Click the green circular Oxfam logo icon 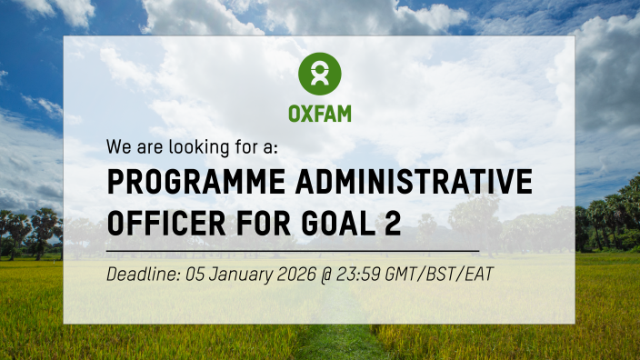pyautogui.click(x=319, y=74)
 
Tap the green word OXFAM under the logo pyautogui.click(x=319, y=115)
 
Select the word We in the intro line pyautogui.click(x=118, y=145)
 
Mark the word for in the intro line pyautogui.click(x=236, y=145)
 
